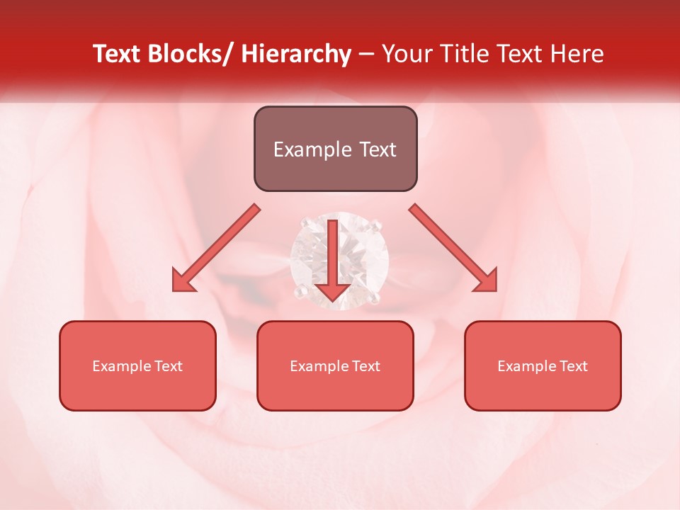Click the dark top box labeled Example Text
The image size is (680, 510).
click(335, 149)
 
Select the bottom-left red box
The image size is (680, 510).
click(137, 365)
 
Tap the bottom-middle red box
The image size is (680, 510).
click(335, 365)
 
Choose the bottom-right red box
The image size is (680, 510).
click(543, 365)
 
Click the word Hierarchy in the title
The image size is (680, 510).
click(295, 54)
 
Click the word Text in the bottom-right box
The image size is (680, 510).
click(573, 366)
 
